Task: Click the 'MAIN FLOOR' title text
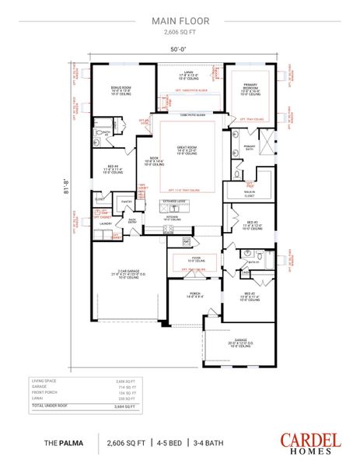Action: (x=180, y=23)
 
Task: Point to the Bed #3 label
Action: (x=253, y=225)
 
